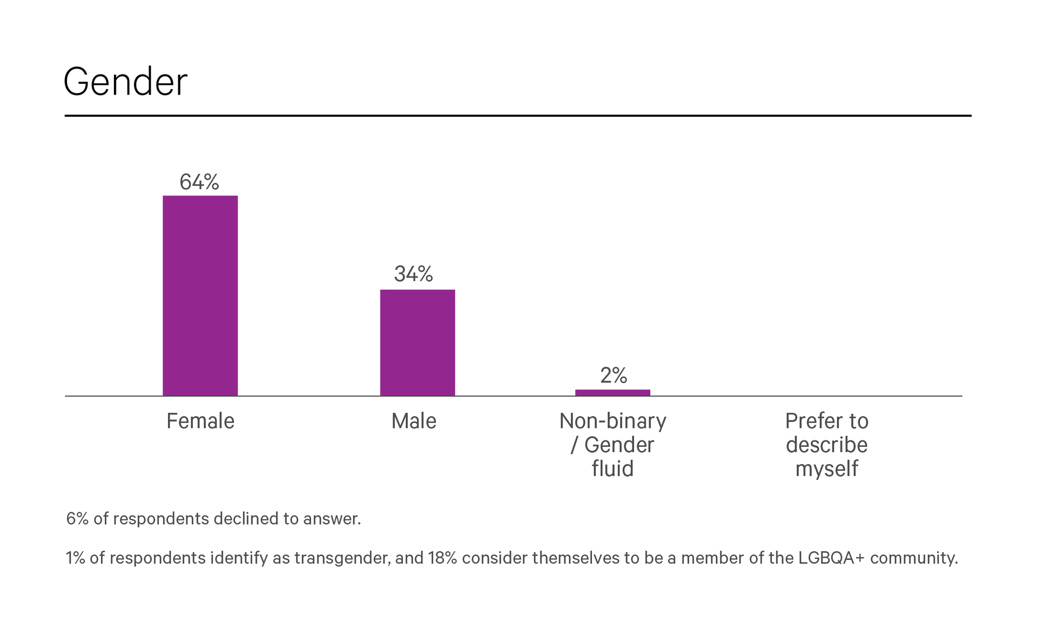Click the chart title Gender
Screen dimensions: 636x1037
pyautogui.click(x=125, y=82)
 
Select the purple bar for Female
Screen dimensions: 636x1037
pyautogui.click(x=200, y=296)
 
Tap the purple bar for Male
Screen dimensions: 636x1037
pyautogui.click(x=417, y=343)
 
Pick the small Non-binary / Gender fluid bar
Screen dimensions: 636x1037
pyautogui.click(x=612, y=393)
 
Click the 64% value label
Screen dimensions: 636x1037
pyautogui.click(x=199, y=182)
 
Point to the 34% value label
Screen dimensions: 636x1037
pyautogui.click(x=413, y=274)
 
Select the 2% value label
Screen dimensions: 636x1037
pyautogui.click(x=614, y=375)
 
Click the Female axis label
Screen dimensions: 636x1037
pyautogui.click(x=200, y=421)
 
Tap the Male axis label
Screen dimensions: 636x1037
pyautogui.click(x=413, y=421)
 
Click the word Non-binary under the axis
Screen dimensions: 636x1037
pyautogui.click(x=612, y=421)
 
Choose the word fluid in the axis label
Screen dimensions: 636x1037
pyautogui.click(x=612, y=468)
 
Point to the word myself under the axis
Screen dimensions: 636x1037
pyautogui.click(x=826, y=468)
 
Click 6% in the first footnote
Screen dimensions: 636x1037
pyautogui.click(x=77, y=519)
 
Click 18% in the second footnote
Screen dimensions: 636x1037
pyautogui.click(x=442, y=558)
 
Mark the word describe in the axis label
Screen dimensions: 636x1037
pyautogui.click(x=826, y=445)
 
